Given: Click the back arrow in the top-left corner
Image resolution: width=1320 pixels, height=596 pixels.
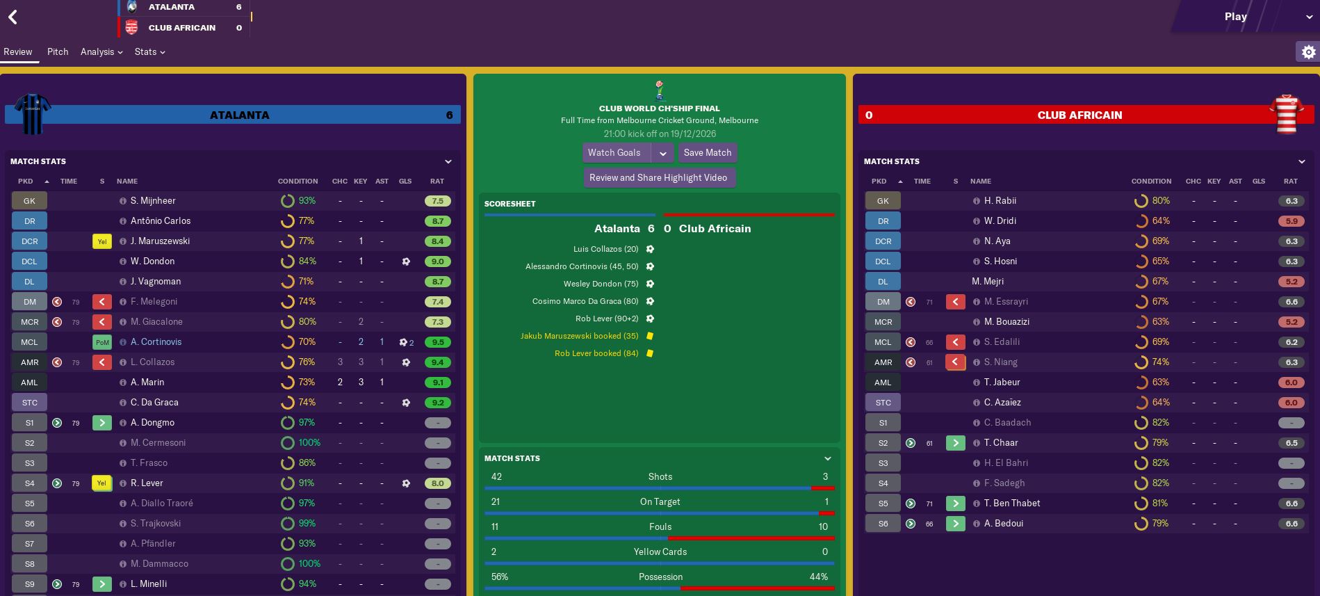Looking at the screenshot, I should (x=13, y=17).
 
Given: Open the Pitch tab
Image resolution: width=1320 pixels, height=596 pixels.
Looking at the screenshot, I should (x=58, y=52).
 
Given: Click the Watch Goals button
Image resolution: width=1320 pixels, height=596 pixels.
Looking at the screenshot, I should (x=614, y=153).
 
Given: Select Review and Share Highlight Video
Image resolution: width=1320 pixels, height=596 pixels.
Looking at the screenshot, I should (x=658, y=178).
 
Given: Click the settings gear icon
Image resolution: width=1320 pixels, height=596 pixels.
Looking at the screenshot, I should (x=1308, y=52).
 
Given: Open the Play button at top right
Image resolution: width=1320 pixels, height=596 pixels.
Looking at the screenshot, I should (x=1235, y=17).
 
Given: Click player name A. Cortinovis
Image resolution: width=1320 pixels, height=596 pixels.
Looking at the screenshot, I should (x=156, y=342).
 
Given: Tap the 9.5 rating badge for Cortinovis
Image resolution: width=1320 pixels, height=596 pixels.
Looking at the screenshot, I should (x=437, y=342).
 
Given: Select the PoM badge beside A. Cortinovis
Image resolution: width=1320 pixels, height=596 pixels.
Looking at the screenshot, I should (x=102, y=342).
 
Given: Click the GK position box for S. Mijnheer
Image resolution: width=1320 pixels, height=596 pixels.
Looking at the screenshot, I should (x=29, y=201).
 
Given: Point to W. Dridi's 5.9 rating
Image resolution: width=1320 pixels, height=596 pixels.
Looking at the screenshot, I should (x=1291, y=221).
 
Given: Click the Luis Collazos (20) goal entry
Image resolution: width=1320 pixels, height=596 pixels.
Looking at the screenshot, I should (x=605, y=249).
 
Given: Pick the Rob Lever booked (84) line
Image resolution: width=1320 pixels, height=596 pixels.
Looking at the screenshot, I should (x=596, y=353).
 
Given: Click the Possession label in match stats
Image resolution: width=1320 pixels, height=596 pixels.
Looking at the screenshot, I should (x=660, y=577).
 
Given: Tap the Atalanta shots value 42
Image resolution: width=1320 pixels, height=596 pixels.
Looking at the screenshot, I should (x=496, y=477).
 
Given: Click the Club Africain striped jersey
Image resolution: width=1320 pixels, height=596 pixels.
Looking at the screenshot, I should (x=1286, y=114).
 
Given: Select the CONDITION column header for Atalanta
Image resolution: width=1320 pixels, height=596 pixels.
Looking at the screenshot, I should (x=298, y=182).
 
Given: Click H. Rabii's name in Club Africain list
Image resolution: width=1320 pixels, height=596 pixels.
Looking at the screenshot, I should (x=1000, y=201).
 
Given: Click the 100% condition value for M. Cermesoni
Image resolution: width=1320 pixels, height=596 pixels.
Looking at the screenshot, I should (x=309, y=443).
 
